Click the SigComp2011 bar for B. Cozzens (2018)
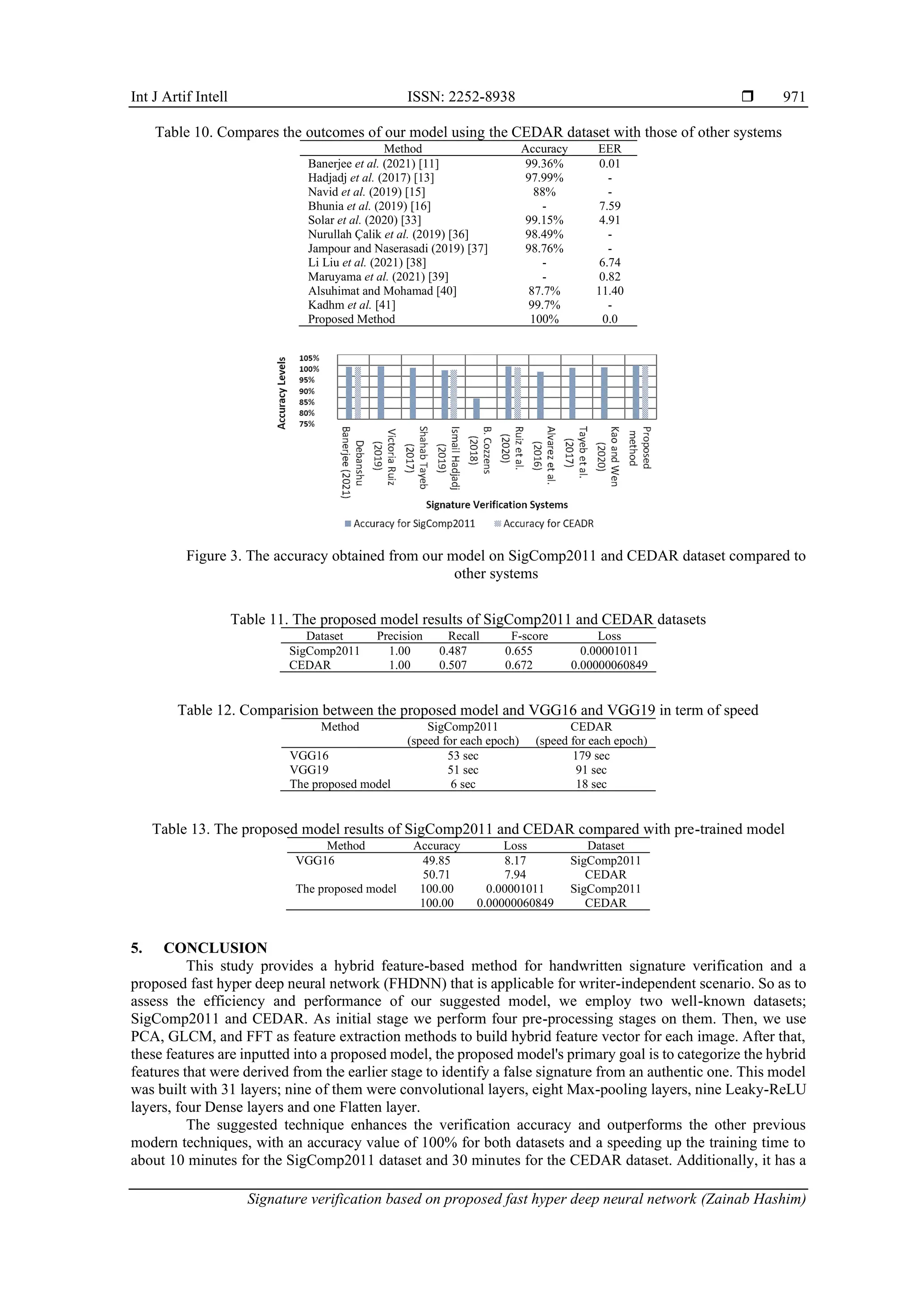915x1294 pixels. (476, 409)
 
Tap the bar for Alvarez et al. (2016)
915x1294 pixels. (540, 395)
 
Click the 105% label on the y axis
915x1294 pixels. (309, 358)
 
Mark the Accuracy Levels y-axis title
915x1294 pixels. (281, 393)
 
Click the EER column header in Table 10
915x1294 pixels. (609, 149)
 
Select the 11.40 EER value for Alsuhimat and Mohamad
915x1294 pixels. (609, 291)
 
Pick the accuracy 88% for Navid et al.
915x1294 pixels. (544, 192)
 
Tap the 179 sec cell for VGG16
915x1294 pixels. (591, 756)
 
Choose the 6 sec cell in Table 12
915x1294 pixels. (462, 784)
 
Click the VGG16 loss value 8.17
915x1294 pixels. (515, 861)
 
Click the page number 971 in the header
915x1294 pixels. (794, 97)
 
